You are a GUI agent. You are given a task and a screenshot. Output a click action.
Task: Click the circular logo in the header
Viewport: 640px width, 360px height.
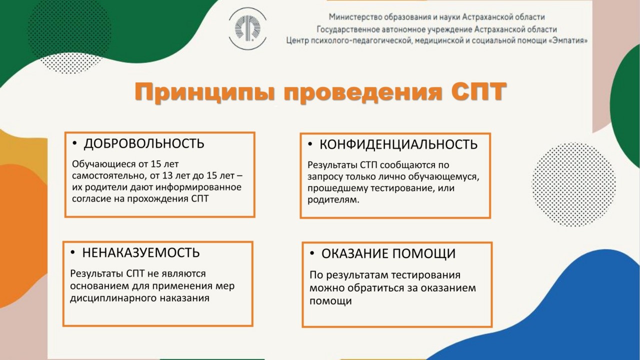pos(247,28)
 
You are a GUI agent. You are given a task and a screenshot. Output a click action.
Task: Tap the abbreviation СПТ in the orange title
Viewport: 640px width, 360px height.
pos(478,91)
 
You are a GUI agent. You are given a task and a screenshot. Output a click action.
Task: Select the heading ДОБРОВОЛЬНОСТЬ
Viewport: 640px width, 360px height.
pos(144,143)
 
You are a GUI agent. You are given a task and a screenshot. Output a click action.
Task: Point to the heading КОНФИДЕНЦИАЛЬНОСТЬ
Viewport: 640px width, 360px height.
pos(398,144)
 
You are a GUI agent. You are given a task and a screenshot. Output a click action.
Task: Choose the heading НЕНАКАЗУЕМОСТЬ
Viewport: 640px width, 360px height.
pos(141,252)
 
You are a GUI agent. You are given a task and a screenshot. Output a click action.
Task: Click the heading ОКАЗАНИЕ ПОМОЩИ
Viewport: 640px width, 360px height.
pos(388,253)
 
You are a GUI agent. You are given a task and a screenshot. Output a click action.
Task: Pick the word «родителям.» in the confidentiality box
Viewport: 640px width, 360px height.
pos(333,199)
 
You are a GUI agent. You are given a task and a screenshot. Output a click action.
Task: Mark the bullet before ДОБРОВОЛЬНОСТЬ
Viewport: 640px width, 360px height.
pos(75,143)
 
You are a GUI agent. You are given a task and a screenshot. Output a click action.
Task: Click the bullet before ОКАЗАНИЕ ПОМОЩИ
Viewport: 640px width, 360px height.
pos(312,253)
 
